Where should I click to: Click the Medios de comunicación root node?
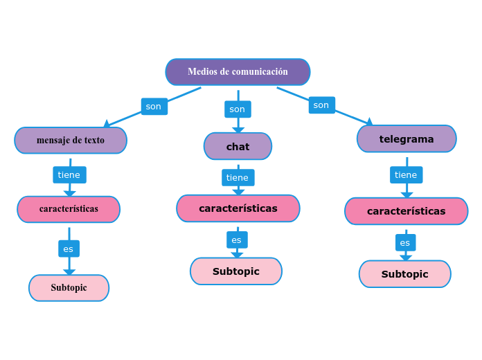(238, 72)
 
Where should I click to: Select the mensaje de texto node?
(71, 141)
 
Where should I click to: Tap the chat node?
(238, 147)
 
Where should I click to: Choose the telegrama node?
(407, 139)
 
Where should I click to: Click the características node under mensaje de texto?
(69, 209)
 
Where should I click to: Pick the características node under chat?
(238, 208)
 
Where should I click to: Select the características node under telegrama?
(406, 211)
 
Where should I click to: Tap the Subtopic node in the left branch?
(69, 288)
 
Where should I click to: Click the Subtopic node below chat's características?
(236, 271)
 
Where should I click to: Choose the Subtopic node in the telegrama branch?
(404, 274)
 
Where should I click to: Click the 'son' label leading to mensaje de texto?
(154, 107)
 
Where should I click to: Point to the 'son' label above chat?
(238, 109)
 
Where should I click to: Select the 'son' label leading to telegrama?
(321, 105)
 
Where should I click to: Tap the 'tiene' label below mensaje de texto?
(69, 175)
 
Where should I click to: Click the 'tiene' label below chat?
(238, 178)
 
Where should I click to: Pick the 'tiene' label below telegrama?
(406, 175)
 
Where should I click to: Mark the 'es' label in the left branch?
(69, 249)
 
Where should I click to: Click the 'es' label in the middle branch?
(237, 240)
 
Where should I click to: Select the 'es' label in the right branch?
(405, 243)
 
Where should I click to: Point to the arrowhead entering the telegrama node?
(369, 122)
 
